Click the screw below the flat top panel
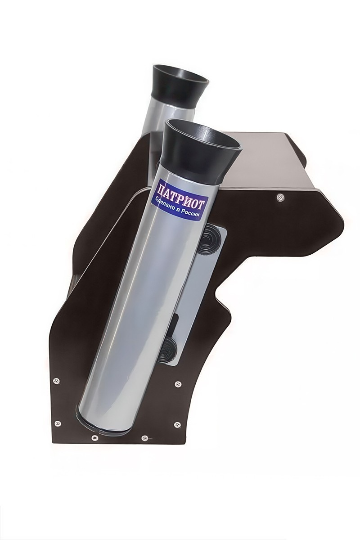(x=280, y=198)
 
